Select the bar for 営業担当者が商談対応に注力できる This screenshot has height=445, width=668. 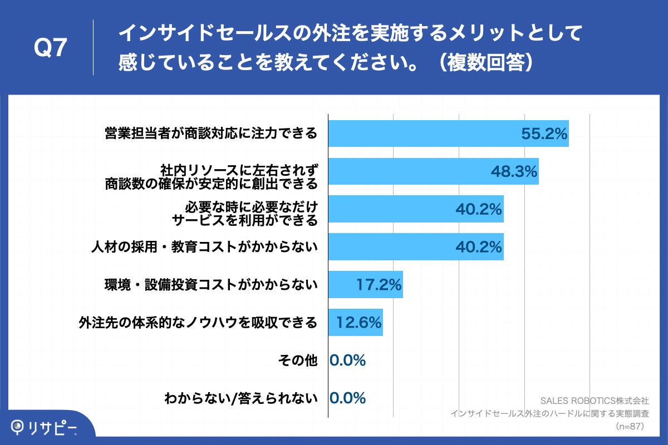(423, 133)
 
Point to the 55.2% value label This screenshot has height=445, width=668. (544, 133)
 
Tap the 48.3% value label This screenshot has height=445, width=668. (514, 171)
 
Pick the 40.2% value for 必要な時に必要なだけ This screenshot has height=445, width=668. (479, 209)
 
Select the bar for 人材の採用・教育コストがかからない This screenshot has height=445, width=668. (390, 247)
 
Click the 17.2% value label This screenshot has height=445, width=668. (379, 285)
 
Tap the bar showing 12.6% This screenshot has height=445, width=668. (355, 323)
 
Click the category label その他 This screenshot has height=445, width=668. (298, 360)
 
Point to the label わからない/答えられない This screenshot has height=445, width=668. (240, 398)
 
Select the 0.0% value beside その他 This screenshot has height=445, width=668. (348, 360)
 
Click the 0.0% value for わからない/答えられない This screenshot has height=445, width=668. (348, 398)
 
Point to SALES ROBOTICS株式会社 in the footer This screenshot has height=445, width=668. (595, 400)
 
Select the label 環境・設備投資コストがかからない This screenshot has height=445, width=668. (211, 285)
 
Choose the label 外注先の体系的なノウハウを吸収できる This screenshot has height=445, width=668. (198, 323)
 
